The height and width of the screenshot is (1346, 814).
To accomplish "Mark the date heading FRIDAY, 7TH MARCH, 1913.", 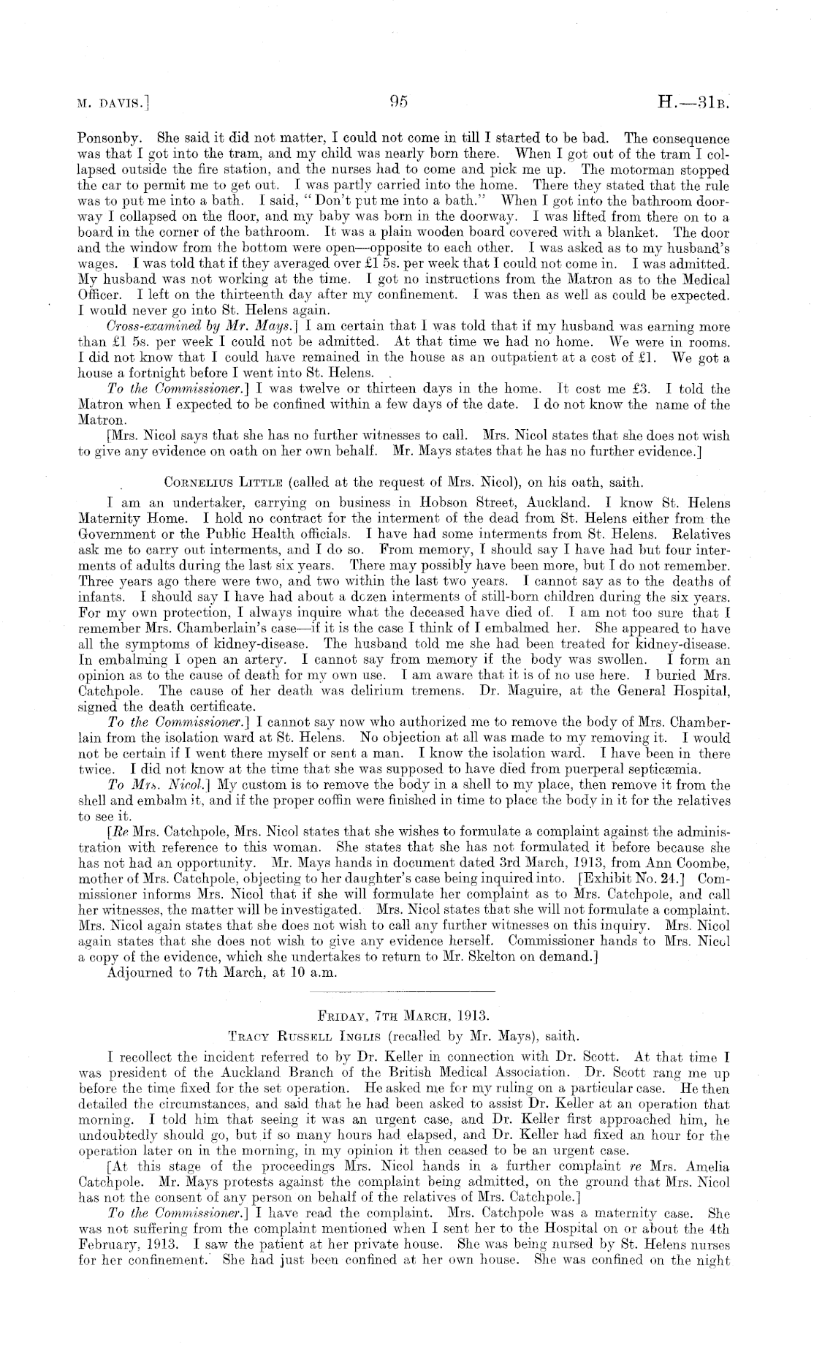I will click(403, 1016).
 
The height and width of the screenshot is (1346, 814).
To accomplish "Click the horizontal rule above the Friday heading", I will click(403, 992).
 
